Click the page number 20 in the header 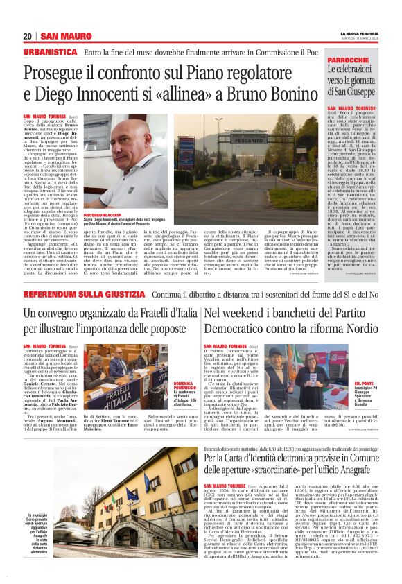point(28,36)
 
